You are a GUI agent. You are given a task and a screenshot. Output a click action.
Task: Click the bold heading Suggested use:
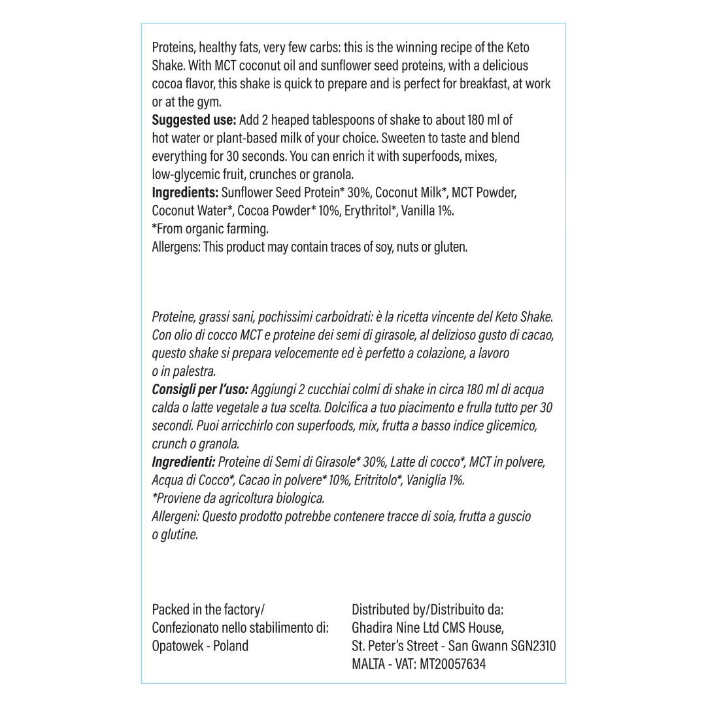pyautogui.click(x=194, y=120)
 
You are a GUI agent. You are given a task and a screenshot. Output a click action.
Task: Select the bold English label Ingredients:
pyautogui.click(x=185, y=193)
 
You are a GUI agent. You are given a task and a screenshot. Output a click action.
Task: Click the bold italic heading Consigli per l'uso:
pyautogui.click(x=200, y=390)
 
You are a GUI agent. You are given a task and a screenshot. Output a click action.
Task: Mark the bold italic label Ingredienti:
pyautogui.click(x=184, y=462)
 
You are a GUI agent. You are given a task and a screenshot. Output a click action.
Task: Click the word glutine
pyautogui.click(x=178, y=535)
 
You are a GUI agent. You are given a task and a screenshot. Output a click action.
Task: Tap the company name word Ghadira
pyautogui.click(x=373, y=628)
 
